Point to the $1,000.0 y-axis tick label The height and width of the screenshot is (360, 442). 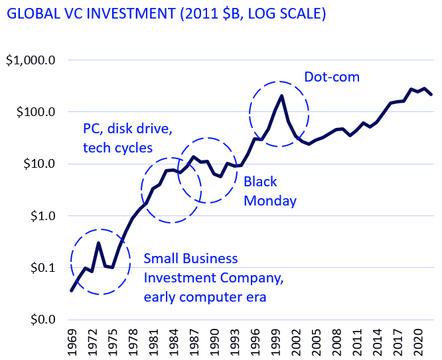point(31,60)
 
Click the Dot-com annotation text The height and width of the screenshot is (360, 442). point(332,77)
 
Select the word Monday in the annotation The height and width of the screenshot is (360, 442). point(269,201)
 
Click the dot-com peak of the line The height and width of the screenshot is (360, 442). point(282,96)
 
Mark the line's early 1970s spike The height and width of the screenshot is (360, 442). point(99,243)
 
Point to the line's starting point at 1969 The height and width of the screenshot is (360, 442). point(72,290)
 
